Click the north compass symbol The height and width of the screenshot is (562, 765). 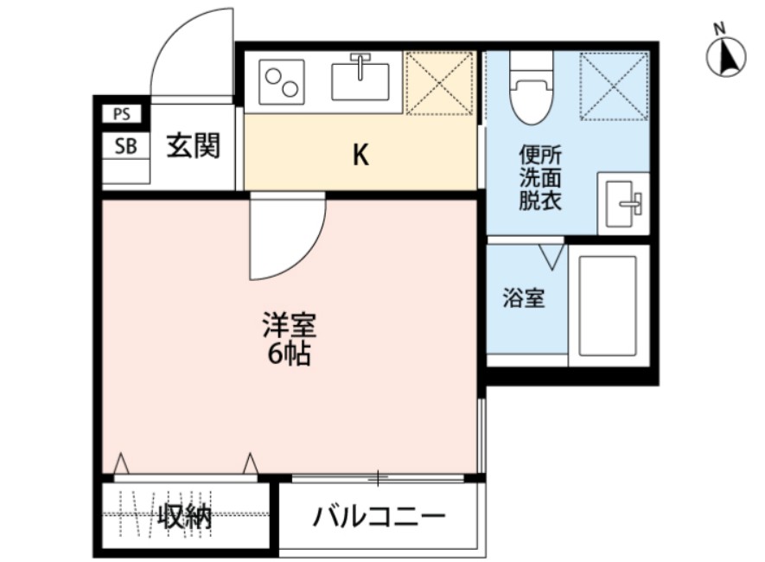[726, 57]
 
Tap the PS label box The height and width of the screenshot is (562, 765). [121, 113]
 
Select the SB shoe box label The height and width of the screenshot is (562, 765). [125, 146]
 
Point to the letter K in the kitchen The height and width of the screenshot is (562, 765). [360, 156]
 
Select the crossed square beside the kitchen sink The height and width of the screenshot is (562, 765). [439, 83]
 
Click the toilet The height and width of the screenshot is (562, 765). [530, 90]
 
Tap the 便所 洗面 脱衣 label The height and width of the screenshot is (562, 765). [540, 179]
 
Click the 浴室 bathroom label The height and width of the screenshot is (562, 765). [524, 299]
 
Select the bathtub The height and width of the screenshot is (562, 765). [609, 306]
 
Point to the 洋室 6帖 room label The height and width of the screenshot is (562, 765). [290, 340]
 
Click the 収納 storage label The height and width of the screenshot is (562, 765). [184, 518]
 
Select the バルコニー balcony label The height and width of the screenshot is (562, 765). [379, 518]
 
